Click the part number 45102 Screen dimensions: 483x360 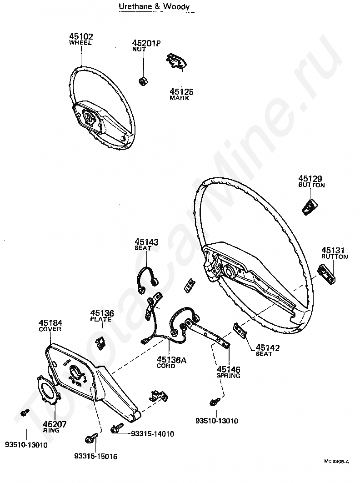80,36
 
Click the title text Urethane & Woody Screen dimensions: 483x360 154,7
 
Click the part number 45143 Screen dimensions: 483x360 146,242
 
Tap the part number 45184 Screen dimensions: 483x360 50,323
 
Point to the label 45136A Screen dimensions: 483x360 171,360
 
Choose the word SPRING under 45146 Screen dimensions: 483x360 229,376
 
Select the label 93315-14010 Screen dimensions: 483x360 152,434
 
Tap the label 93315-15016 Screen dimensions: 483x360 95,456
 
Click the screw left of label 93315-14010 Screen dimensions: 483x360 116,429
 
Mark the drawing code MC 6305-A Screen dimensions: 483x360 336,461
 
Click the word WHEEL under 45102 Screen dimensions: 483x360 80,43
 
